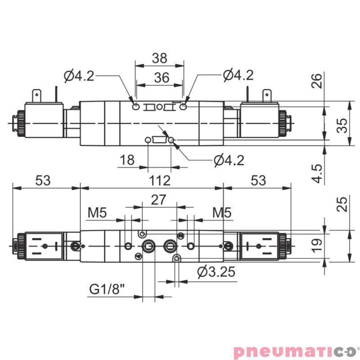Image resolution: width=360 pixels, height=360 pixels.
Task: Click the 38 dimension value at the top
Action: (159, 58)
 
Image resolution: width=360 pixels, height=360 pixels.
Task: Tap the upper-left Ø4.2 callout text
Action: (79, 76)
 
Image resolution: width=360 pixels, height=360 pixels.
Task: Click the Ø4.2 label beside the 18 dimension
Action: (229, 160)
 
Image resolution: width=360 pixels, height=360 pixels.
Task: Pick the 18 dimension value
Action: (128, 160)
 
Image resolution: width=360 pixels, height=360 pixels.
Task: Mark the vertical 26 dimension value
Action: (317, 81)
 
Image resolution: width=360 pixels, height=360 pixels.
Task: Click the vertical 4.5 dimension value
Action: (317, 173)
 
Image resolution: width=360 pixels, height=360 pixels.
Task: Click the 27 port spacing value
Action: (159, 200)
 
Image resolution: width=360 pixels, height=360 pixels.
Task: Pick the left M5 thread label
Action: (97, 212)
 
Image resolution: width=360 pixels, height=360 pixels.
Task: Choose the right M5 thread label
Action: (222, 212)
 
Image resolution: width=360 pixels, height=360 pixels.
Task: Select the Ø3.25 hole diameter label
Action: (217, 271)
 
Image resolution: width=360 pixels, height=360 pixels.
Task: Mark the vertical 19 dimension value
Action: (317, 244)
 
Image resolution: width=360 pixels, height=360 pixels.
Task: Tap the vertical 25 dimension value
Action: (343, 205)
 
